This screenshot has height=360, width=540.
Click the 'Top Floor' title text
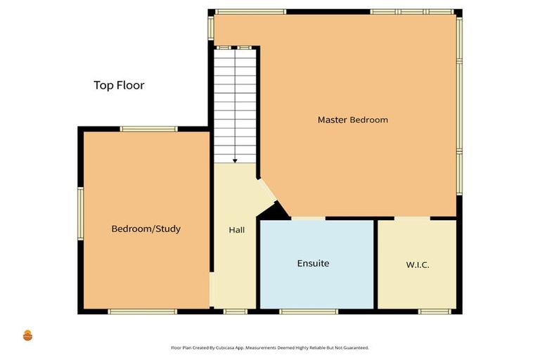[x=119, y=86]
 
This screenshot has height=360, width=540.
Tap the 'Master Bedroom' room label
[x=352, y=120]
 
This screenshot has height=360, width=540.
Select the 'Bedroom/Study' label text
[x=146, y=229]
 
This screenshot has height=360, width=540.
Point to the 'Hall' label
[x=236, y=230]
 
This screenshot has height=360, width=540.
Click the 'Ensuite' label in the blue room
[x=313, y=264]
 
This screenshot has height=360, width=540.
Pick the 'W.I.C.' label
[x=417, y=265]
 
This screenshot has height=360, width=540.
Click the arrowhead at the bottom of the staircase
[x=235, y=161]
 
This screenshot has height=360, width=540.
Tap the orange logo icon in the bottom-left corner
[x=28, y=335]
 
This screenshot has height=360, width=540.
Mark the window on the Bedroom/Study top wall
[x=148, y=129]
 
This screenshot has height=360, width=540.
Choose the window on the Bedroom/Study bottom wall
[x=143, y=311]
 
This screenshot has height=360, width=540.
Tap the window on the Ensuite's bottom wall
[x=308, y=311]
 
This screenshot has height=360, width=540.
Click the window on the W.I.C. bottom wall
[x=434, y=311]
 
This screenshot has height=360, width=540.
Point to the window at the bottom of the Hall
[x=236, y=311]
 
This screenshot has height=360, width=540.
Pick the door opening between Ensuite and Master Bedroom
[x=308, y=219]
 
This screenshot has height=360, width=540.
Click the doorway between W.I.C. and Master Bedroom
[x=411, y=219]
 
